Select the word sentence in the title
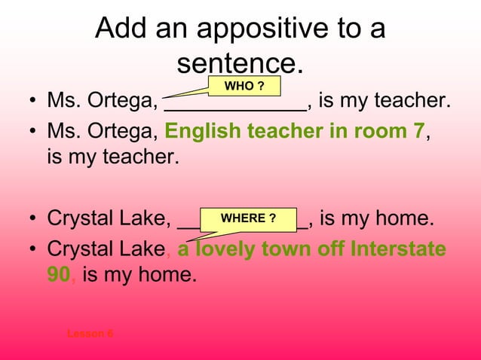click(x=238, y=63)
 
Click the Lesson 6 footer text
click(x=90, y=333)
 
